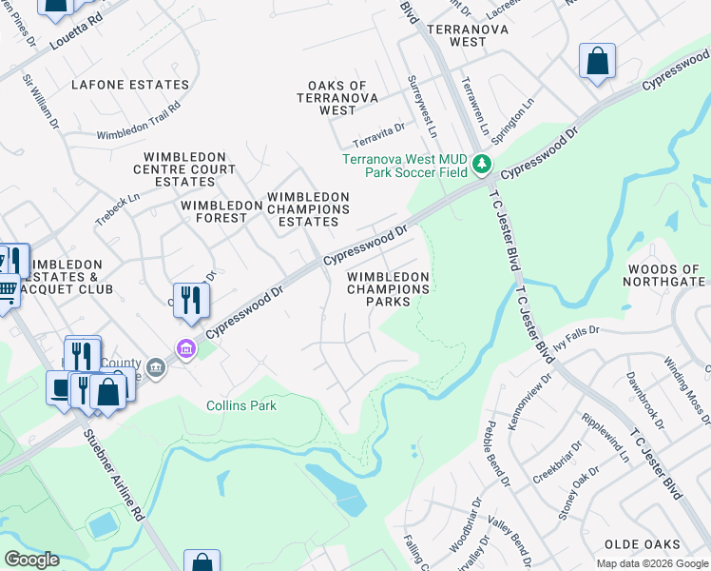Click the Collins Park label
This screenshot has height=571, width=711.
point(241,405)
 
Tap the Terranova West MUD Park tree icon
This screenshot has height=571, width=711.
point(482,165)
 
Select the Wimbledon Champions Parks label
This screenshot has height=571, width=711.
point(388,289)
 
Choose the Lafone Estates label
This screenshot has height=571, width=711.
point(130,85)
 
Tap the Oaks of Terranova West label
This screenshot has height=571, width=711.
point(337,98)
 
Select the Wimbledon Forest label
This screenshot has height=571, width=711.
point(214,210)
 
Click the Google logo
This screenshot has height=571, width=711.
point(31,560)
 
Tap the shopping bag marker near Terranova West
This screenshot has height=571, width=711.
point(598,62)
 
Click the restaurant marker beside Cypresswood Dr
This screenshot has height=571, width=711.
point(191,300)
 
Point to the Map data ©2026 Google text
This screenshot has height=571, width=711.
point(652,563)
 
